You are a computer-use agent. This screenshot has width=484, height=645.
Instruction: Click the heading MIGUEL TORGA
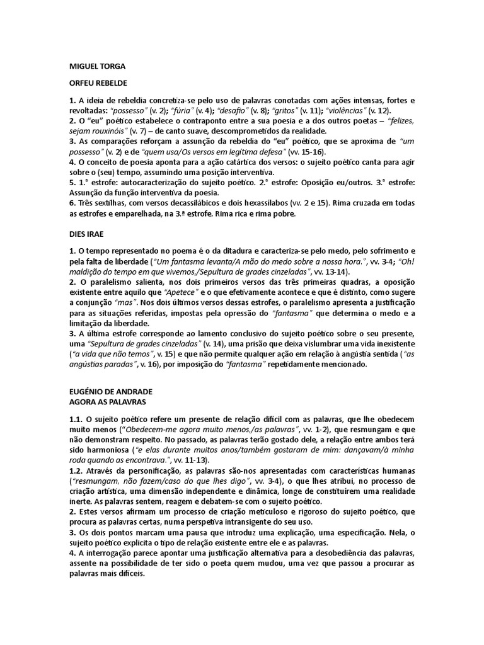(96, 65)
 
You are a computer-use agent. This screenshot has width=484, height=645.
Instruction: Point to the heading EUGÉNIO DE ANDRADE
(110, 391)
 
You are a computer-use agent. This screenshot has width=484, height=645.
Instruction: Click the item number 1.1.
(76, 419)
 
